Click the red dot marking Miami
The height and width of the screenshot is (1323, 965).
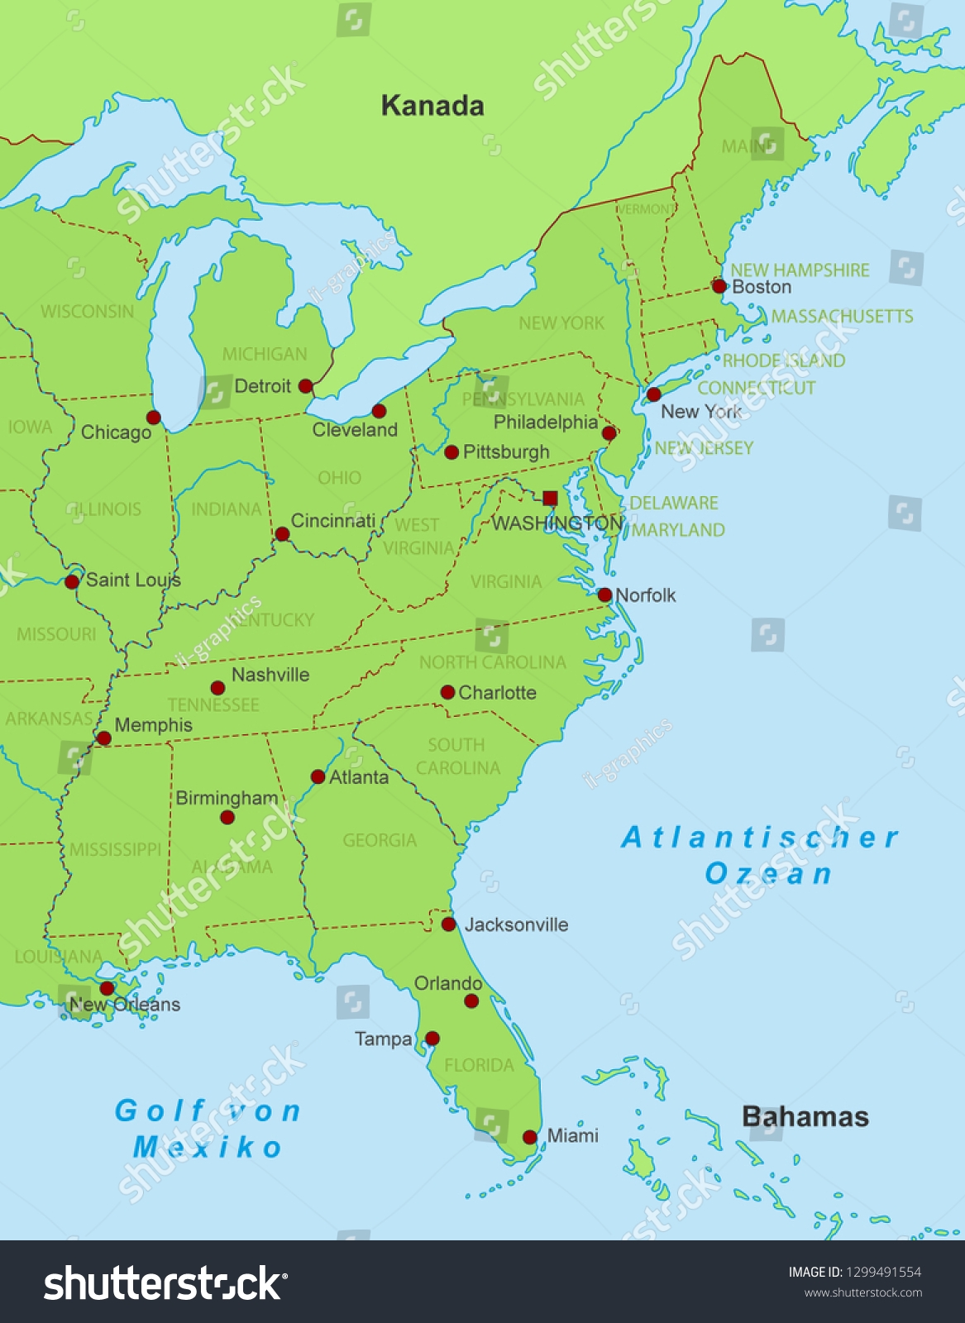pyautogui.click(x=530, y=1137)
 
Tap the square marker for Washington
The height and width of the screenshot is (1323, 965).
pyautogui.click(x=550, y=498)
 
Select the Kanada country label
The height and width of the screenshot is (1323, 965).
pyautogui.click(x=432, y=106)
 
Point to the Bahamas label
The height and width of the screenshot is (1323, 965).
pyautogui.click(x=805, y=1116)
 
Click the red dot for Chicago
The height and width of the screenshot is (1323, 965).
pyautogui.click(x=153, y=418)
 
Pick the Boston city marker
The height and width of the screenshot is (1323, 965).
pyautogui.click(x=719, y=286)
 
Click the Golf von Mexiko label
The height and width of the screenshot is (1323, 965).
pyautogui.click(x=208, y=1129)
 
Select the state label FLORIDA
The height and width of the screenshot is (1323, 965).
pyautogui.click(x=479, y=1065)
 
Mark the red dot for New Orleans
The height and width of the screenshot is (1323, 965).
pyautogui.click(x=107, y=988)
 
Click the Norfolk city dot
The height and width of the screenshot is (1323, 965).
pyautogui.click(x=604, y=595)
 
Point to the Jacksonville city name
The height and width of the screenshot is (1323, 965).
pyautogui.click(x=516, y=924)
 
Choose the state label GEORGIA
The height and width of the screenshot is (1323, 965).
pyautogui.click(x=380, y=840)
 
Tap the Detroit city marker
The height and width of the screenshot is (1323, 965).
pyautogui.click(x=305, y=386)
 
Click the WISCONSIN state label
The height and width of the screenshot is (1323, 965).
pyautogui.click(x=87, y=312)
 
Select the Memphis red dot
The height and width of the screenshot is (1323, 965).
pyautogui.click(x=103, y=738)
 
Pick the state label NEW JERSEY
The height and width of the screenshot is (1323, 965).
pyautogui.click(x=704, y=448)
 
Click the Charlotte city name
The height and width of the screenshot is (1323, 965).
pyautogui.click(x=497, y=693)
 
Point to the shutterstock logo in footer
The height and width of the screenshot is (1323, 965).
pyautogui.click(x=165, y=1284)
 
